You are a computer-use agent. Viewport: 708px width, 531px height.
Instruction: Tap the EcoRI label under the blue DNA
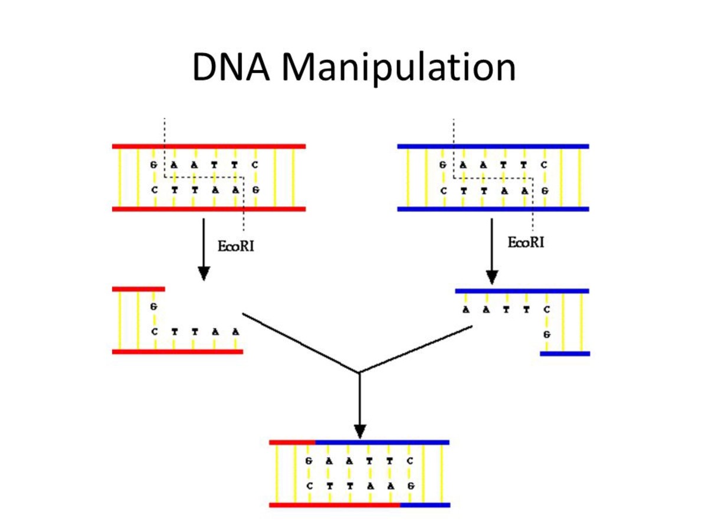click(526, 242)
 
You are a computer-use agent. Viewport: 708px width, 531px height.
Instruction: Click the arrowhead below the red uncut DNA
click(204, 273)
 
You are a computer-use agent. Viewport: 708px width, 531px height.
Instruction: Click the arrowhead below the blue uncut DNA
click(492, 276)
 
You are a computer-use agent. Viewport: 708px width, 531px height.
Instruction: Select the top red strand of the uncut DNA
click(209, 146)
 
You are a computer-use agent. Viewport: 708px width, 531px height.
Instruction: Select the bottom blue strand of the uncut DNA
click(493, 209)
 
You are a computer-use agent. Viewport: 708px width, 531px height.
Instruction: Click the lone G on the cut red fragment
click(154, 307)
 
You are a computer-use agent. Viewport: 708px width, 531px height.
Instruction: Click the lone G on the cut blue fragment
click(547, 334)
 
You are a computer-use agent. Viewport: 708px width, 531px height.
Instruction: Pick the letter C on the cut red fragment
click(154, 332)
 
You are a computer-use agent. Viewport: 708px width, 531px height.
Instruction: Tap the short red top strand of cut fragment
click(138, 289)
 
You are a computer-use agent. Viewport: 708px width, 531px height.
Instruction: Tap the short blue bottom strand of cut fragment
click(565, 353)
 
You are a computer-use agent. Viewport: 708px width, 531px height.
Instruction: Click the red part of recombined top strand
click(292, 441)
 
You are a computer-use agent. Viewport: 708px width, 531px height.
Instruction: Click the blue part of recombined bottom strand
click(425, 505)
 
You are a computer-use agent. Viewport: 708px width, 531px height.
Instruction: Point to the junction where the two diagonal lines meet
click(359, 372)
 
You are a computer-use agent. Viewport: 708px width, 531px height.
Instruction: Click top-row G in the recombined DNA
click(309, 461)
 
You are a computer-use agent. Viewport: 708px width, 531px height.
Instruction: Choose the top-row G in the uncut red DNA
click(154, 165)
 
